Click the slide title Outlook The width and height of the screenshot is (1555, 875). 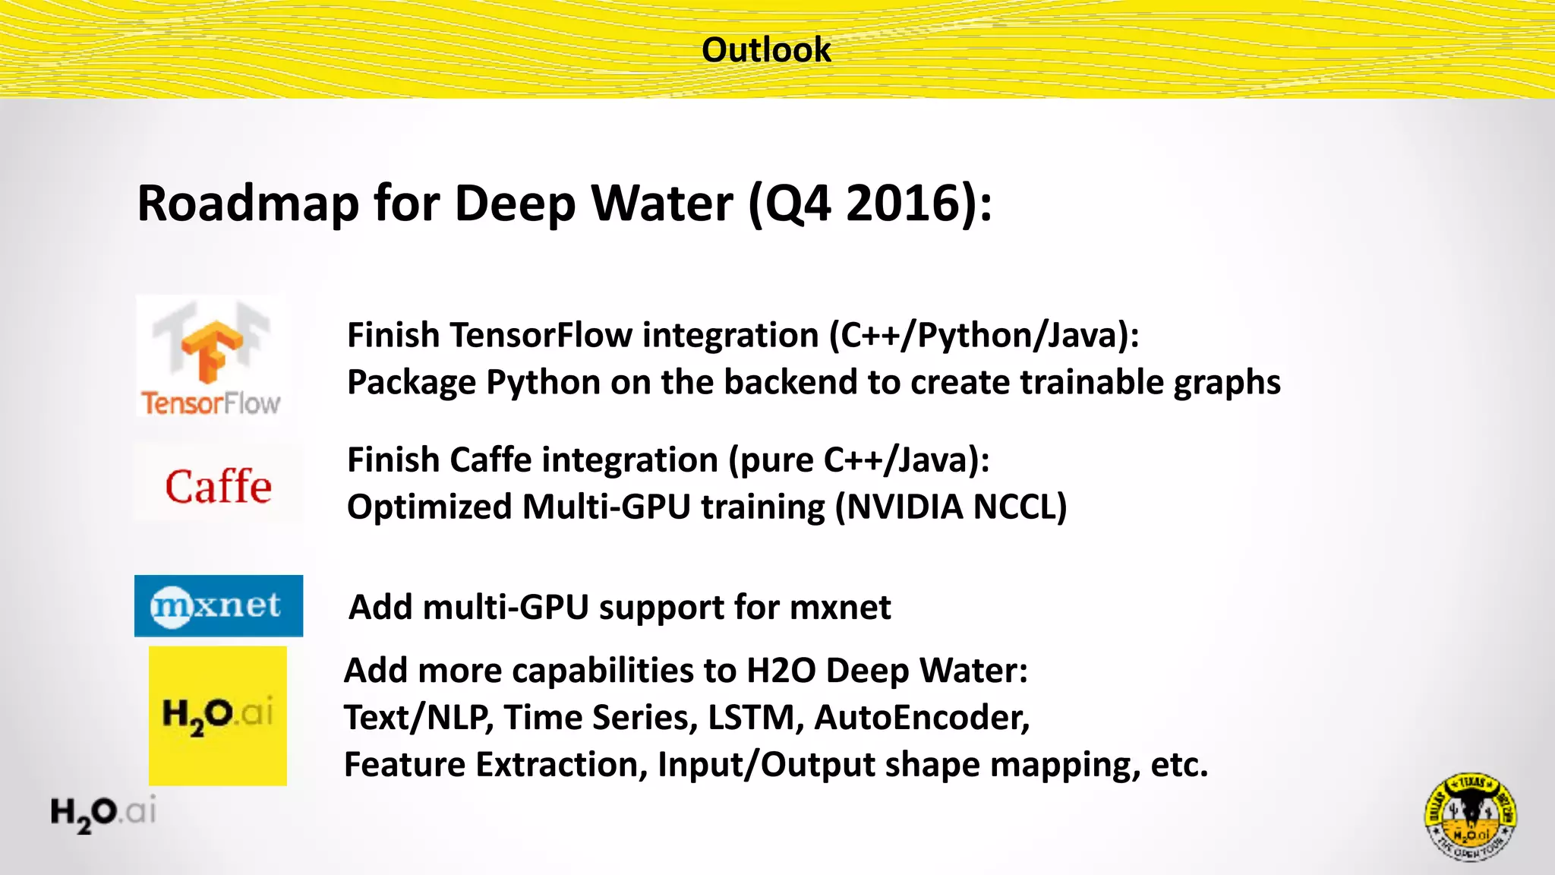pyautogui.click(x=766, y=50)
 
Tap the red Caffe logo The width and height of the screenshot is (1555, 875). pyautogui.click(x=219, y=486)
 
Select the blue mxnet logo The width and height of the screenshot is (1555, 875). pyautogui.click(x=219, y=605)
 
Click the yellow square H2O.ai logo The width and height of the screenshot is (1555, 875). pyautogui.click(x=218, y=715)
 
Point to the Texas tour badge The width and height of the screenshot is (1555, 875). pyautogui.click(x=1470, y=817)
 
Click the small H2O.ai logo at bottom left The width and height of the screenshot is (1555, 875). pyautogui.click(x=103, y=813)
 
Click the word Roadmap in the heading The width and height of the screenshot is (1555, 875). pyautogui.click(x=248, y=204)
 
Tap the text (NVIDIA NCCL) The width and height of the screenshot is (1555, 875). pyautogui.click(x=951, y=507)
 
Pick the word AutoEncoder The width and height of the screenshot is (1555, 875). pyautogui.click(x=922, y=717)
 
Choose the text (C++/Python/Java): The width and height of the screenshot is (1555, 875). pyautogui.click(x=984, y=335)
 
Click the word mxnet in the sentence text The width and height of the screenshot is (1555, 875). pyautogui.click(x=840, y=607)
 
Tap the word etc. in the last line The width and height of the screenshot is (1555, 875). pyautogui.click(x=1178, y=764)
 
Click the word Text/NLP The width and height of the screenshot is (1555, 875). pyautogui.click(x=418, y=717)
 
